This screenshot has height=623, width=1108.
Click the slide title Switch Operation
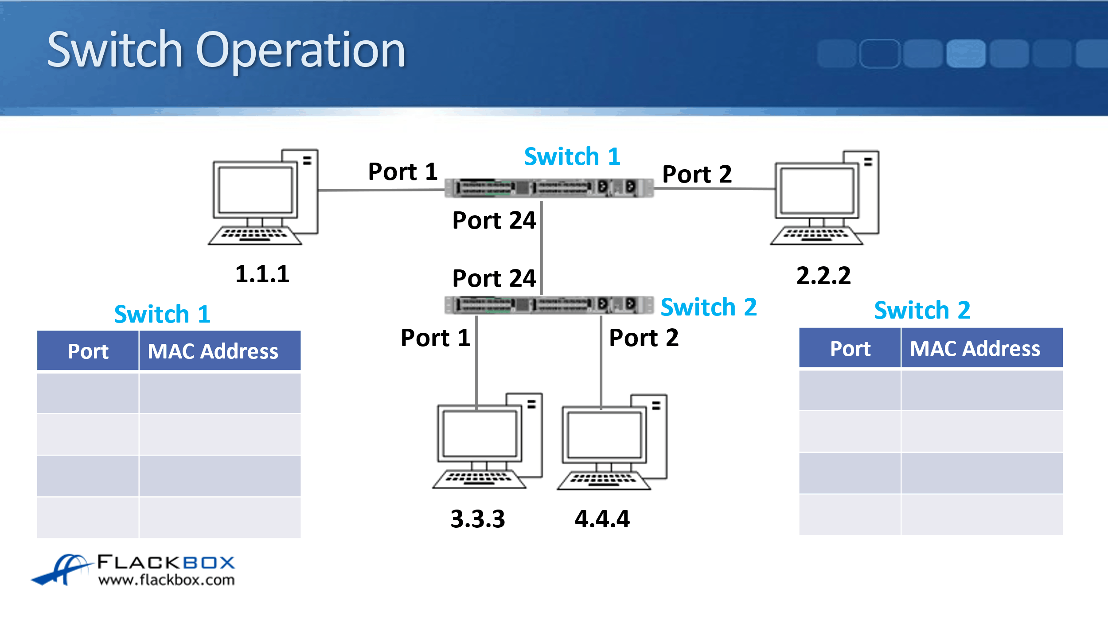pyautogui.click(x=226, y=50)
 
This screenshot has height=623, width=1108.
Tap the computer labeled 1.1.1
pyautogui.click(x=264, y=197)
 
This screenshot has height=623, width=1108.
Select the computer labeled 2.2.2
pyautogui.click(x=825, y=198)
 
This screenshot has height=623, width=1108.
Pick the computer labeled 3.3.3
pyautogui.click(x=488, y=441)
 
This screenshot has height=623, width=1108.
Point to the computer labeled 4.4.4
pyautogui.click(x=612, y=442)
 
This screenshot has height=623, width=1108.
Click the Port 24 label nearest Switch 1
pyautogui.click(x=494, y=221)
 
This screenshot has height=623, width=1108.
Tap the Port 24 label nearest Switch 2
pyautogui.click(x=494, y=279)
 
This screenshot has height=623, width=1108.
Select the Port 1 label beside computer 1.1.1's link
pyautogui.click(x=402, y=172)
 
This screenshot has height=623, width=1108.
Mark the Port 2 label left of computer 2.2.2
pyautogui.click(x=697, y=174)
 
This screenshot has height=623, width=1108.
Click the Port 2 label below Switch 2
pyautogui.click(x=644, y=338)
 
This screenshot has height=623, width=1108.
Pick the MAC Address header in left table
pyautogui.click(x=213, y=351)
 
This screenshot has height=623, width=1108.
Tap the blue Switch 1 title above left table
pyautogui.click(x=162, y=314)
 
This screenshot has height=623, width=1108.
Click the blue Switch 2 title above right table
pyautogui.click(x=922, y=310)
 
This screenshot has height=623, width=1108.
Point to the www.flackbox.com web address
pyautogui.click(x=166, y=580)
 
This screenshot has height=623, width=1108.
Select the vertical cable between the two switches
pyautogui.click(x=542, y=248)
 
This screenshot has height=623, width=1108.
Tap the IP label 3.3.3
pyautogui.click(x=478, y=519)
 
